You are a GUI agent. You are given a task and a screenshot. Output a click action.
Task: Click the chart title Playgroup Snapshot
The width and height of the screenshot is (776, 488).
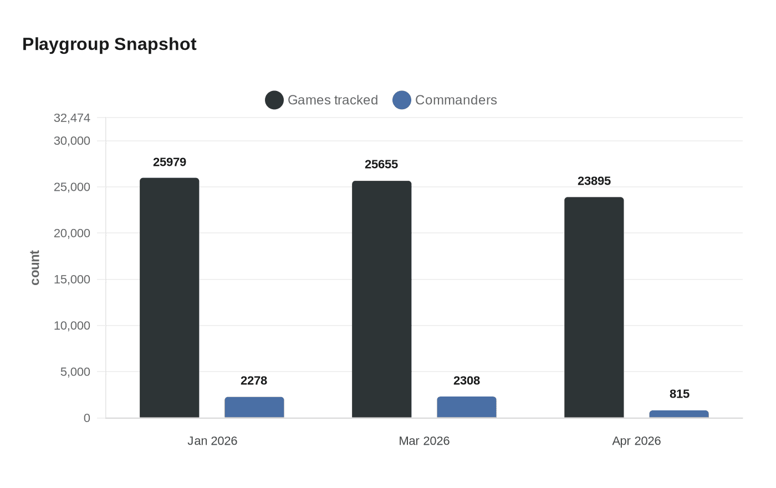click(109, 44)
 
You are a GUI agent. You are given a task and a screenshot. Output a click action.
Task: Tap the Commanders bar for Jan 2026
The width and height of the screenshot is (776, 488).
click(254, 408)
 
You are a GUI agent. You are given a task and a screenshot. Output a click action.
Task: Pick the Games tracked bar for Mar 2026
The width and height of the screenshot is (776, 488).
click(381, 299)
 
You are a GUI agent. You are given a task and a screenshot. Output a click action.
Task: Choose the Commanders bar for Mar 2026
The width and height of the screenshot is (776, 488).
click(466, 407)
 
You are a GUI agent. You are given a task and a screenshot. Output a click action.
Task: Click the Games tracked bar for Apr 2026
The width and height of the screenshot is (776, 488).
click(594, 308)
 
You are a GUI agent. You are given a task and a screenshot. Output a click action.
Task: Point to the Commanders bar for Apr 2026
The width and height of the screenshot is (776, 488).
click(678, 414)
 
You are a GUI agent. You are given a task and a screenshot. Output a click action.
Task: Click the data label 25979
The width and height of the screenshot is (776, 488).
click(169, 162)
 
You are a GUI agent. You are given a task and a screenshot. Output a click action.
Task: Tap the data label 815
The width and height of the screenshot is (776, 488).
click(679, 394)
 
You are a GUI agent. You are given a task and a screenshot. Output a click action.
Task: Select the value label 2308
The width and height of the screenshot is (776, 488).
click(466, 380)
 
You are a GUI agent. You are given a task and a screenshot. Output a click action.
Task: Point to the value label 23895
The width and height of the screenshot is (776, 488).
click(594, 181)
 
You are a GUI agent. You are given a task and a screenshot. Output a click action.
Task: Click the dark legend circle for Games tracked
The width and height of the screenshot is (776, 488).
click(274, 100)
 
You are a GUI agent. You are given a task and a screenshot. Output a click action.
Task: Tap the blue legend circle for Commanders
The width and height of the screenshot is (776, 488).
click(402, 100)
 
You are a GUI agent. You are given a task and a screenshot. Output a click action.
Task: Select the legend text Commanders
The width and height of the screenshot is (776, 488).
click(456, 100)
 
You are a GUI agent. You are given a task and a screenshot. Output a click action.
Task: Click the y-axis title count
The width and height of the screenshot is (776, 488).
click(35, 268)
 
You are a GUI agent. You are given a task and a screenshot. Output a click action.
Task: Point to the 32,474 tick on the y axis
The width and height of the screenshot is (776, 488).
click(72, 118)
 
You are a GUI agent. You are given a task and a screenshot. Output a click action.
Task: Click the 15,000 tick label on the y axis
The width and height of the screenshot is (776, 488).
click(72, 279)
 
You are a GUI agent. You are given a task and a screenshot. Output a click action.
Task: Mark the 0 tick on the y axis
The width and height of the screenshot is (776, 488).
click(86, 418)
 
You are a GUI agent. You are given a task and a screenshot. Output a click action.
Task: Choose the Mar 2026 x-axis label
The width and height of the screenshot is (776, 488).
click(424, 441)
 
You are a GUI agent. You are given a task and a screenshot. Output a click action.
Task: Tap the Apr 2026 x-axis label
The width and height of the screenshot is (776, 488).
click(636, 441)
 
